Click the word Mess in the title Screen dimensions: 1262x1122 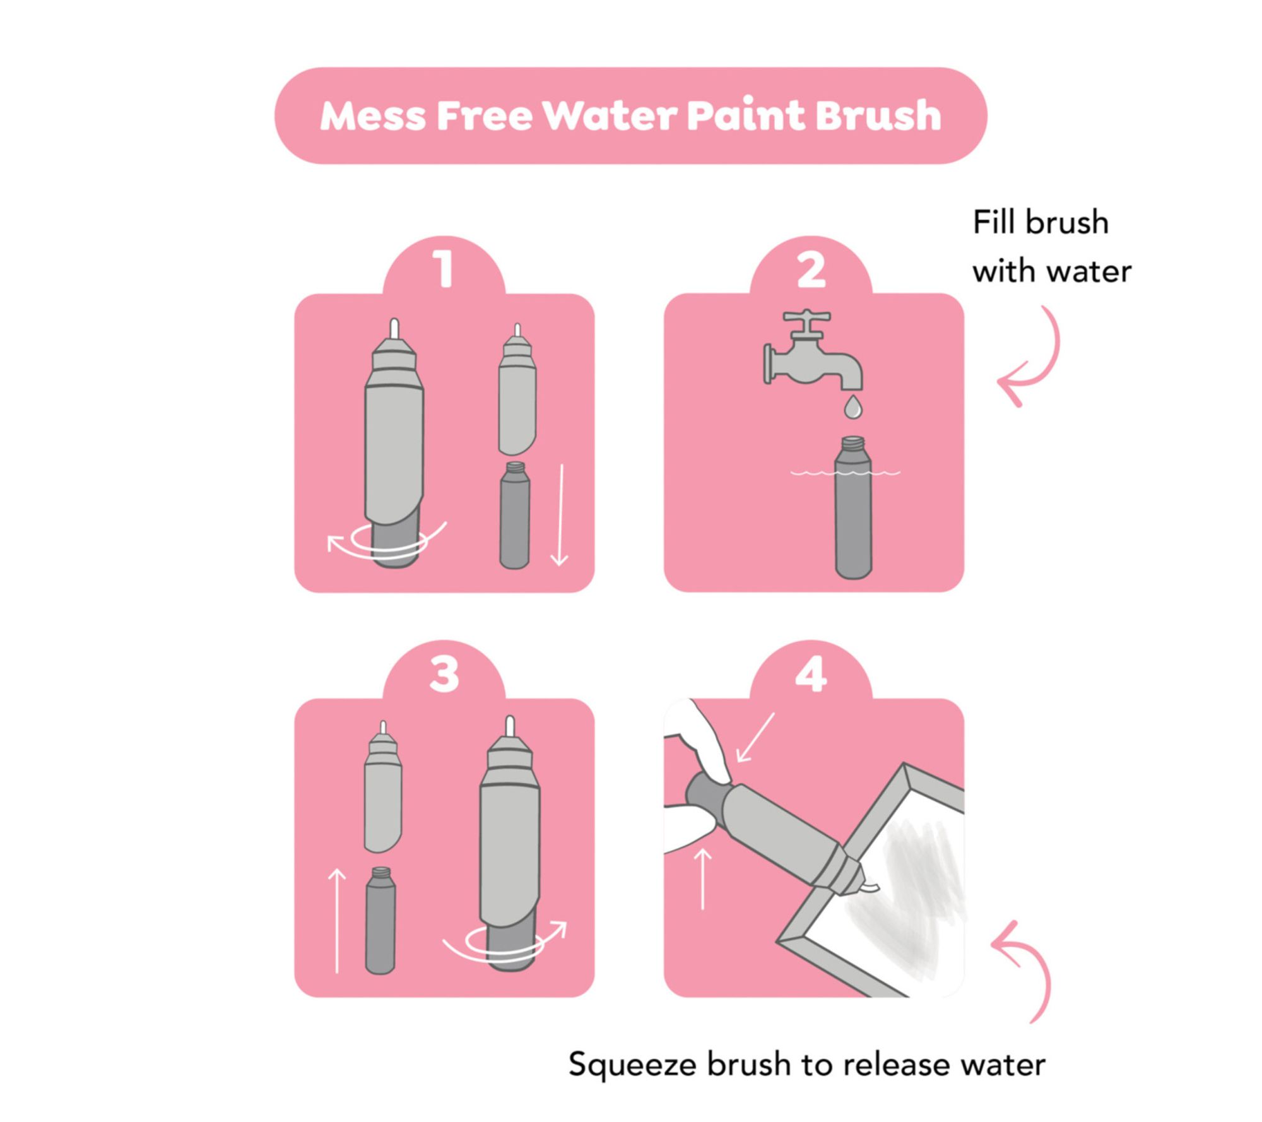pos(373,116)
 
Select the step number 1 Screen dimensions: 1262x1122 pos(444,269)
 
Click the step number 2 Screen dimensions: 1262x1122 pos(811,269)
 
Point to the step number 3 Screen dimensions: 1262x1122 pos(444,673)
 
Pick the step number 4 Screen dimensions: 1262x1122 pos(811,673)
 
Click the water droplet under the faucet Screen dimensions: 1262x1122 pos(853,406)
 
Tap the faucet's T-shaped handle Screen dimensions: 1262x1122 pos(806,322)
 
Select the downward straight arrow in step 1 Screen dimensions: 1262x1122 pos(560,514)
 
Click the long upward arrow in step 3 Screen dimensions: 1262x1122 pos(338,921)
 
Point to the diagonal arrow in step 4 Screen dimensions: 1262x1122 pos(755,738)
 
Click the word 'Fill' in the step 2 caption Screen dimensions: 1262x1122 pos(993,222)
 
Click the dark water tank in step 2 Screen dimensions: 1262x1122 pos(853,507)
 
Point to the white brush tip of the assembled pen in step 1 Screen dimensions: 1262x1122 pos(395,328)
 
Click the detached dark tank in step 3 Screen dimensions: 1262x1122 pos(380,920)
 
